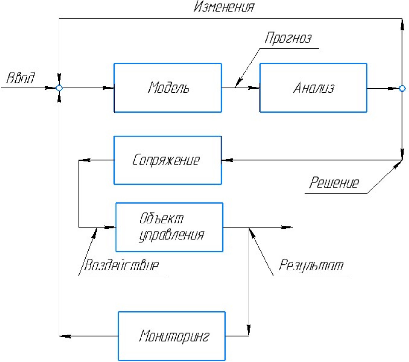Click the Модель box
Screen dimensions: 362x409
pos(168,88)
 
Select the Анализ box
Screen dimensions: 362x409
pos(313,88)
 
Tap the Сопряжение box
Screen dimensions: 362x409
pos(168,160)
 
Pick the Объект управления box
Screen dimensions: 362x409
pos(169,227)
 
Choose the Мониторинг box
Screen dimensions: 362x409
pos(172,336)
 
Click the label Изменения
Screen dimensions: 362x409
pos(224,7)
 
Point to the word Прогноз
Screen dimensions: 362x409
pos(288,38)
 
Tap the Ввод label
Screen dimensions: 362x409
pos(21,78)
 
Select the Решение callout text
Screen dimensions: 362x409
pos(334,183)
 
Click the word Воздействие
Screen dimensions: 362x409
pos(121,265)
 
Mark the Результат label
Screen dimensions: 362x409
pos(311,265)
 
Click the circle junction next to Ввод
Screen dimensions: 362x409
pos(59,88)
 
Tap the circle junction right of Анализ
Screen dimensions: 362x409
pos(402,88)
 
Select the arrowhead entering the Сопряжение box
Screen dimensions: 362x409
pos(227,160)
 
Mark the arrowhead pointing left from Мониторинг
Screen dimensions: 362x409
pos(65,336)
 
